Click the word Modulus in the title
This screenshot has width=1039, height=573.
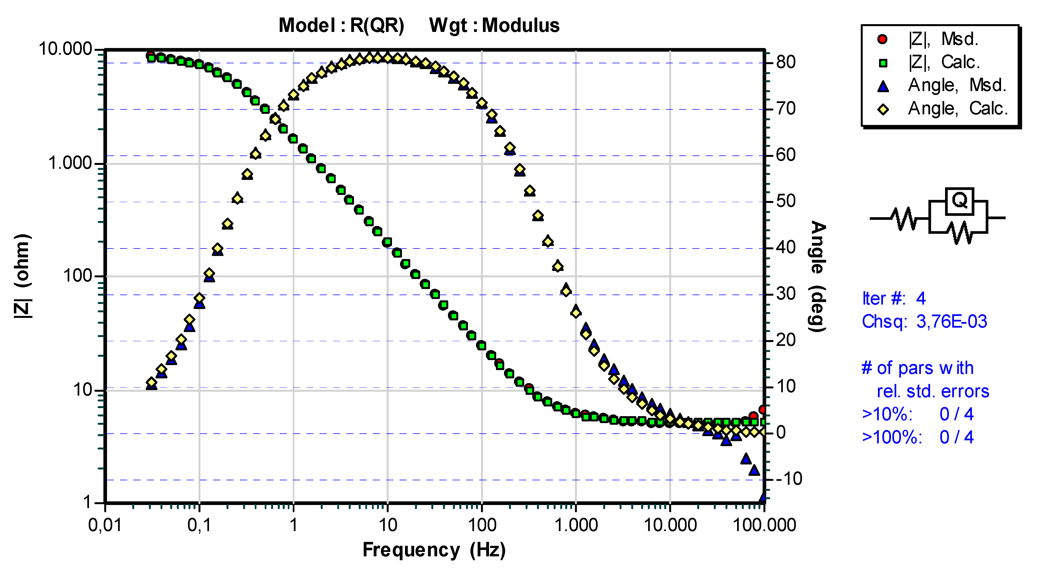[520, 26]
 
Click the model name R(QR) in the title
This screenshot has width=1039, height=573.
[377, 26]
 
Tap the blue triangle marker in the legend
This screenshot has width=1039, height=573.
[883, 86]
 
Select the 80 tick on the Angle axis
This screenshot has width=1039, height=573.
[786, 62]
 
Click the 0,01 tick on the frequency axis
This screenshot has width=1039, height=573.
[105, 525]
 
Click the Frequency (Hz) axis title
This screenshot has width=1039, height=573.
[434, 550]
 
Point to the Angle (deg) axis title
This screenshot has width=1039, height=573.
[818, 276]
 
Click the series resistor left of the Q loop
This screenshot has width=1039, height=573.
[903, 218]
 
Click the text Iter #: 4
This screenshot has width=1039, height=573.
[893, 299]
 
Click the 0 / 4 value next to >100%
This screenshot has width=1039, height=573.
[956, 437]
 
